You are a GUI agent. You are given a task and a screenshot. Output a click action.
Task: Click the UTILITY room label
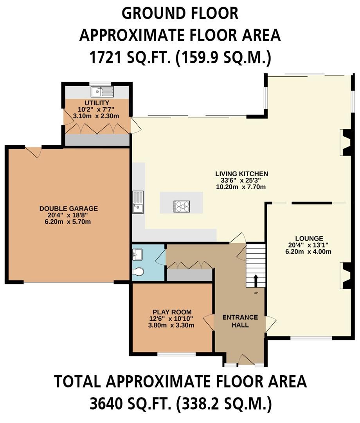pos(97,103)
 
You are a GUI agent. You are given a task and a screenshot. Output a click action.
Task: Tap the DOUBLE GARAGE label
pos(68,208)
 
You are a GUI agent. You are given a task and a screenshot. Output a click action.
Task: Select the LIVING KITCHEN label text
pos(242,174)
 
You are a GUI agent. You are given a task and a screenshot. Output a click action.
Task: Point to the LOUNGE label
pos(309,239)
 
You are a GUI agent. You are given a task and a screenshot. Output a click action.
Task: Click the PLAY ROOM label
pos(172,312)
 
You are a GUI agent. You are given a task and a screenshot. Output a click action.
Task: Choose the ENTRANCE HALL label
pos(240,321)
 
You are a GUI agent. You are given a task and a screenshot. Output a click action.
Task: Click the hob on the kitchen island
pos(182,207)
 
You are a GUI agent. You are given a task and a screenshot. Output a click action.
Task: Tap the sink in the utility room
pos(103,92)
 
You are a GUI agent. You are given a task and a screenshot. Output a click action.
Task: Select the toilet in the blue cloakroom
pos(138,272)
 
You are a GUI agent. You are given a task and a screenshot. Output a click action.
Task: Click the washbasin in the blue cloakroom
pos(137,255)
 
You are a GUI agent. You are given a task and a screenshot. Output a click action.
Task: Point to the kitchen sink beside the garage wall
pos(138,202)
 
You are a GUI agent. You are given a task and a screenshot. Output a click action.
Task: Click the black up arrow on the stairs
pos(256,281)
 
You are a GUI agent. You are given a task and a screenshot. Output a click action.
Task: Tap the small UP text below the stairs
pos(256,293)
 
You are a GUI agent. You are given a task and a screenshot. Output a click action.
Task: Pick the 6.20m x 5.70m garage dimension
pos(68,222)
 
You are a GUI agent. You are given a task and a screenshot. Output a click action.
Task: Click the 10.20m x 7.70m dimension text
pos(241,187)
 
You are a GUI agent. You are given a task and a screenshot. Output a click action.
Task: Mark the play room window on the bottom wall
pos(176,354)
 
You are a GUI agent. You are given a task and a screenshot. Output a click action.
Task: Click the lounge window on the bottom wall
pos(311,338)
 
